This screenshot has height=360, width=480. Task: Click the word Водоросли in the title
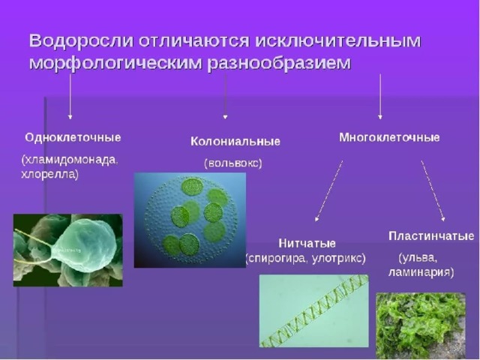pyautogui.click(x=82, y=41)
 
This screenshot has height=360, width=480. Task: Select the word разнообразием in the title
pyautogui.click(x=279, y=64)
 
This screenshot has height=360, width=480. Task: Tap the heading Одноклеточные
pyautogui.click(x=73, y=137)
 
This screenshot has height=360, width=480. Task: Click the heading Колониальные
pyautogui.click(x=235, y=142)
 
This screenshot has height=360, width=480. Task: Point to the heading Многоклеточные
pyautogui.click(x=389, y=137)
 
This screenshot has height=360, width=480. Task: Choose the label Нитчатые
pyautogui.click(x=307, y=244)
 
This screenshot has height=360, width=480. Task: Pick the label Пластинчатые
pyautogui.click(x=431, y=236)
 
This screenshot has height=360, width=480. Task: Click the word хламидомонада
pyautogui.click(x=70, y=160)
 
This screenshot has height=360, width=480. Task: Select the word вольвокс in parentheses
pyautogui.click(x=233, y=163)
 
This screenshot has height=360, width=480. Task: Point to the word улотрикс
pyautogui.click(x=337, y=259)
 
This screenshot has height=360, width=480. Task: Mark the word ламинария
pyautogui.click(x=418, y=272)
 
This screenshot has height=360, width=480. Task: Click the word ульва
pyautogui.click(x=419, y=258)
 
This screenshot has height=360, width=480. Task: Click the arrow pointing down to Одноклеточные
pyautogui.click(x=70, y=97)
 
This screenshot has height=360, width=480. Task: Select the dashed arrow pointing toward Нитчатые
pyautogui.click(x=328, y=190)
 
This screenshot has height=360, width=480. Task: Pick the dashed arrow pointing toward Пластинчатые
pyautogui.click(x=433, y=190)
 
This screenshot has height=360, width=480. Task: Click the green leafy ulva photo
pyautogui.click(x=421, y=325)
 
